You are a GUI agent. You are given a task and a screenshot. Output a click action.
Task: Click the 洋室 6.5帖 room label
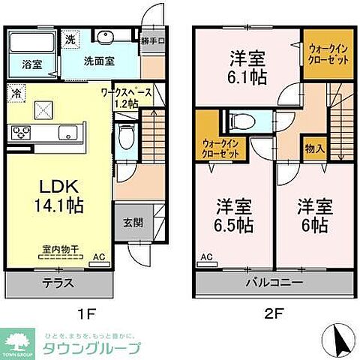click(234, 214)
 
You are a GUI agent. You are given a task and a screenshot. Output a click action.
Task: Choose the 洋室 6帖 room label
click(312, 214)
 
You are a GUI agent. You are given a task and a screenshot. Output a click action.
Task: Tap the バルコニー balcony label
click(274, 284)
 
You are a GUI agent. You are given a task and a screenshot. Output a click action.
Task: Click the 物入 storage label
click(314, 148)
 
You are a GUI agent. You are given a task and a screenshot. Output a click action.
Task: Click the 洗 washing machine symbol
click(69, 38)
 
